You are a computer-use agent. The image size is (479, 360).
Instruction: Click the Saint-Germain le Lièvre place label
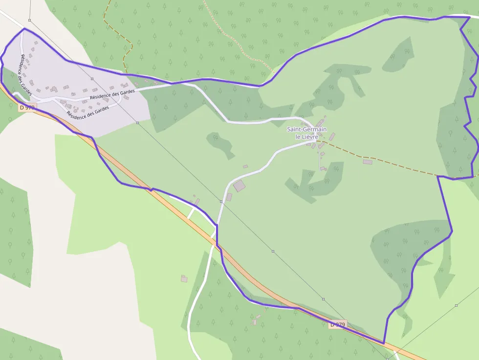pos(306,133)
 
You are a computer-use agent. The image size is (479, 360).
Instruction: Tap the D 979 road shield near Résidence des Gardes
pos(27,107)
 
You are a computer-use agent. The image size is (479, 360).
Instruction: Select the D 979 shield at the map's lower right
pos(338,324)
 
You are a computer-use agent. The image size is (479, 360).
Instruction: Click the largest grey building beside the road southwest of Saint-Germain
pos(239,186)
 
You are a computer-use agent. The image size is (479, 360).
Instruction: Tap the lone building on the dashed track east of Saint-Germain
pos(367,162)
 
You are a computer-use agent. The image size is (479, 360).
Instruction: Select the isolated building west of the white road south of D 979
pos(184,278)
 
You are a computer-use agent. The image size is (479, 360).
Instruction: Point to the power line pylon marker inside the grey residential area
pos(92,78)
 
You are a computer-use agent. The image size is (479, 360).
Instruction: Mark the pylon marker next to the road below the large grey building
pos(221,202)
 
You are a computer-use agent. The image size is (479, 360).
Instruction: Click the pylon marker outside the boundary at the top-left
pos(29,20)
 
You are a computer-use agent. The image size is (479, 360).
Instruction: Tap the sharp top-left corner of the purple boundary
pos(23,28)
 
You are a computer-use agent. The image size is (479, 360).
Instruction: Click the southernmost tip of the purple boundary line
pos(384,343)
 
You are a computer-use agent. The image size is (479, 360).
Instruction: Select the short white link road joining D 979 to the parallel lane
pos(191,213)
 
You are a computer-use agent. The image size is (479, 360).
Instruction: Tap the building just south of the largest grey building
pos(229,197)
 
